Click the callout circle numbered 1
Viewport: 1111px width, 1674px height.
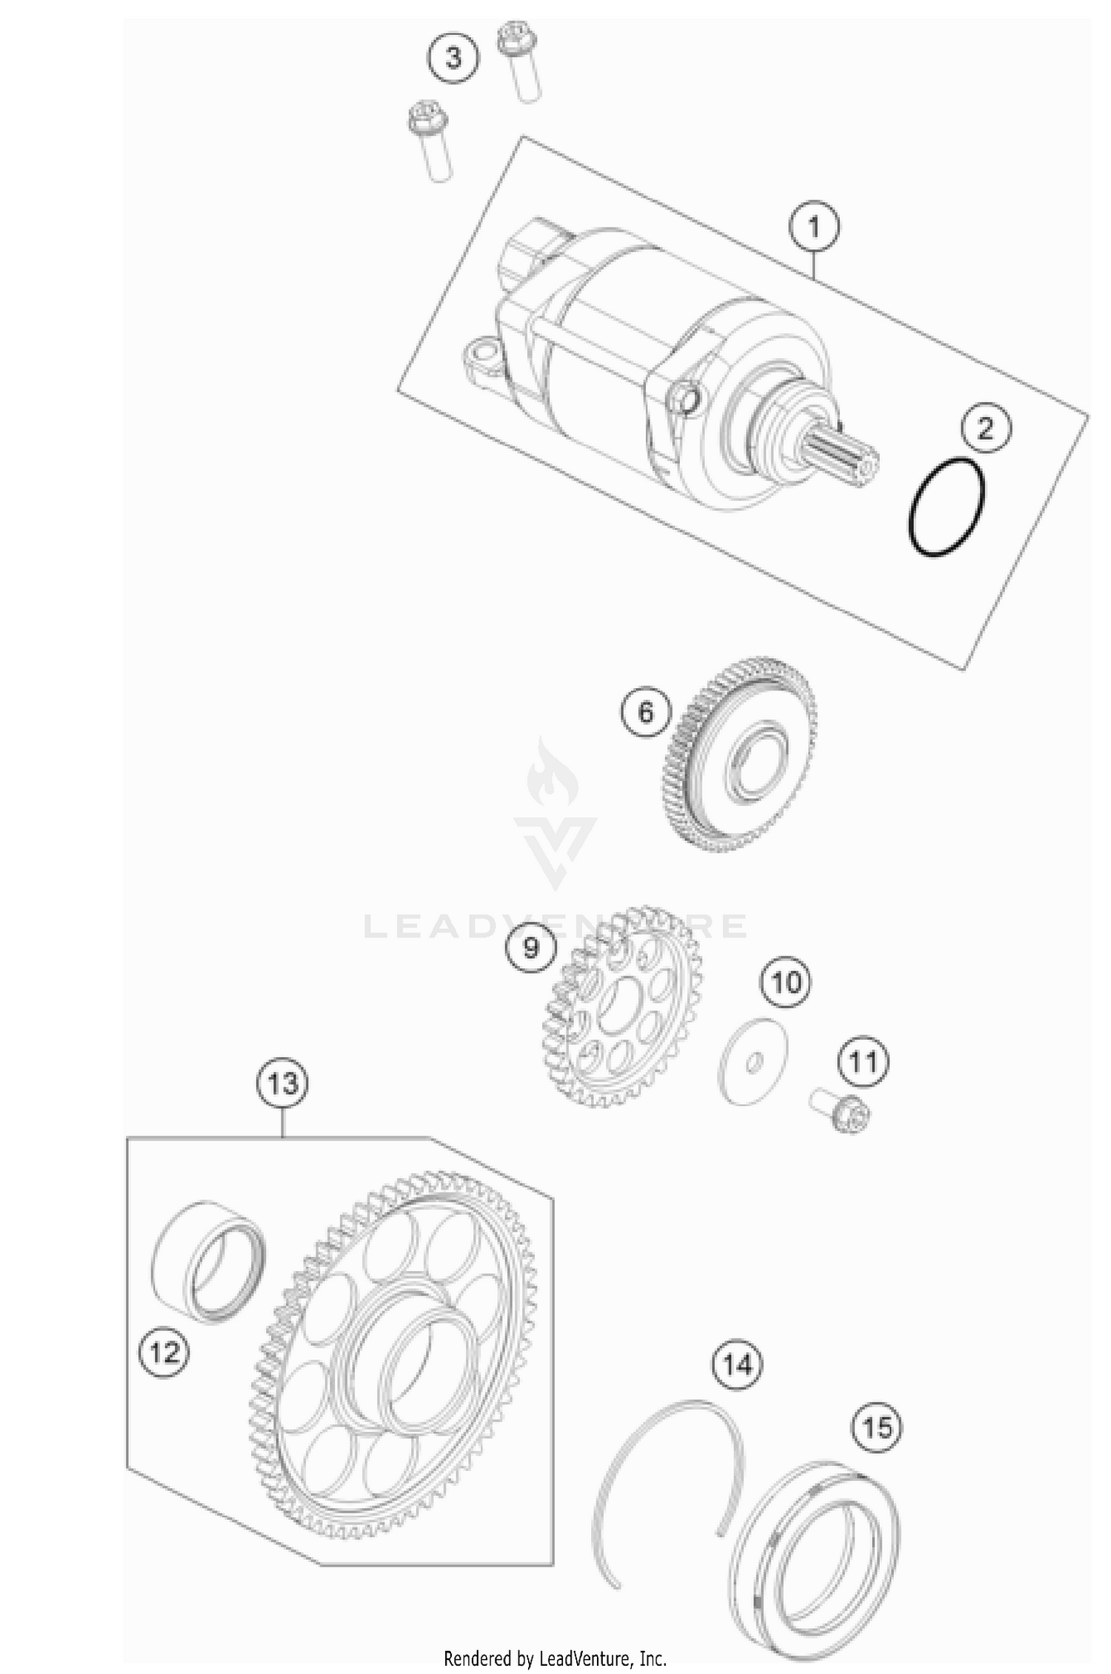point(814,227)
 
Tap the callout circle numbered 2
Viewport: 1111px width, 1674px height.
point(985,429)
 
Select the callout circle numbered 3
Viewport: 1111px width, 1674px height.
point(453,57)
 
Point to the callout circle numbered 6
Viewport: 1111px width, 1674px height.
point(646,713)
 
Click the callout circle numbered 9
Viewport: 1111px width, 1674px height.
point(530,947)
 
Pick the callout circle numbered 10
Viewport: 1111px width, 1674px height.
point(786,983)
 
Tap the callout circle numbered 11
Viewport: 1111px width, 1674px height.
point(863,1062)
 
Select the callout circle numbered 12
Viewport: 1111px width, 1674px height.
point(164,1353)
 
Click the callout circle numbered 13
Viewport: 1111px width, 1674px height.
point(283,1084)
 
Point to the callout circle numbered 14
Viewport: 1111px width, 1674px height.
point(738,1364)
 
